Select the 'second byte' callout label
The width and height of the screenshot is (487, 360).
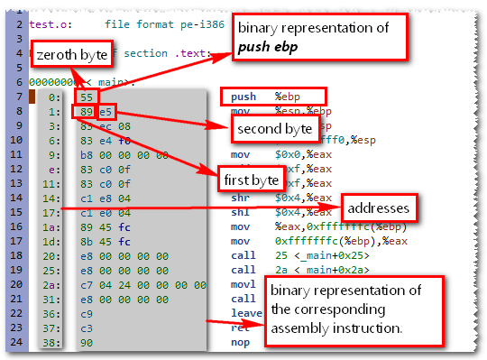(274, 130)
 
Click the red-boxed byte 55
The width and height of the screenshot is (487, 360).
(87, 96)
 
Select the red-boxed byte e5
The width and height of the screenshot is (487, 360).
(106, 112)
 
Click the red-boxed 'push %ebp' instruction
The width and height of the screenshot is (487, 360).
(274, 96)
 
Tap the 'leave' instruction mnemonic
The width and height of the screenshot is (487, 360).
(245, 312)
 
